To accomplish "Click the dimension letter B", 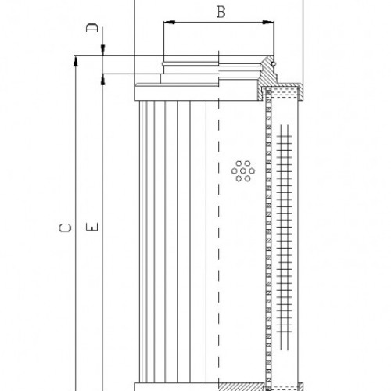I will (221, 13).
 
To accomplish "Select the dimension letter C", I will (67, 228).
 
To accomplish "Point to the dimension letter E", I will (92, 228).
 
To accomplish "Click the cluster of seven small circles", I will (241, 170).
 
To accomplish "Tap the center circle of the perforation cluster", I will (241, 170).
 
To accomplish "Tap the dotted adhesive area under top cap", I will (285, 91).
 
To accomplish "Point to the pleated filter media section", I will (168, 235).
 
